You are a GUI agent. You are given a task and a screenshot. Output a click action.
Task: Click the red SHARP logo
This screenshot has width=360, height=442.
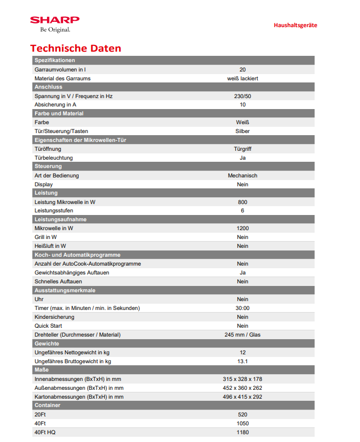[55, 20]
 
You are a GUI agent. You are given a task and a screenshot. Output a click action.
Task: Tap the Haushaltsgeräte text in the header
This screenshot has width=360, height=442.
[295, 25]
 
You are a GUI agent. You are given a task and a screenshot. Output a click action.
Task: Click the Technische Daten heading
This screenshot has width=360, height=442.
[76, 49]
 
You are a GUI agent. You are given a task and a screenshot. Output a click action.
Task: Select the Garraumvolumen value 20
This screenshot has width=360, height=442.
[243, 69]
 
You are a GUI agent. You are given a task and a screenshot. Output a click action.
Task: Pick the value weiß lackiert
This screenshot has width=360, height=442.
[243, 78]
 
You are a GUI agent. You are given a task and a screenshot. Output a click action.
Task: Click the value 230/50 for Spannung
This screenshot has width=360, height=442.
[243, 96]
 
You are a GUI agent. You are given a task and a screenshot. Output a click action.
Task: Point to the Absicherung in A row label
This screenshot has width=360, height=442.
[55, 105]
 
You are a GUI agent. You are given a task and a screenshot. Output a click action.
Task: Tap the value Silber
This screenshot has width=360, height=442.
[243, 132]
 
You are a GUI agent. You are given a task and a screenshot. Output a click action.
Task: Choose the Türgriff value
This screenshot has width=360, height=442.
[243, 149]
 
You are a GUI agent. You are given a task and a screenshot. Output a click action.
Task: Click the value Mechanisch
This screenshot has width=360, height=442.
[243, 176]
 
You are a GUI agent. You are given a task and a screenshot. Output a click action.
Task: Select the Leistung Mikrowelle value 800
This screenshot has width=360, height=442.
[243, 202]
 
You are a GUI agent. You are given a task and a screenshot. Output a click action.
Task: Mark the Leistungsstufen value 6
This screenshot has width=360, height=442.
[243, 211]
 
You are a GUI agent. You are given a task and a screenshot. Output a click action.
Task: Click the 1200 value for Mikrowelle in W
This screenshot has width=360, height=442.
[243, 229]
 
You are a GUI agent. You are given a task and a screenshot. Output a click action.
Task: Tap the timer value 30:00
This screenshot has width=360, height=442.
[243, 308]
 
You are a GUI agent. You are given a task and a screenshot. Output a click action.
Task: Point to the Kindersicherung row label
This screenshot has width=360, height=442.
[54, 317]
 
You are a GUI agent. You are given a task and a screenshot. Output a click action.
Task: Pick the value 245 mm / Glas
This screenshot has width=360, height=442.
[243, 335]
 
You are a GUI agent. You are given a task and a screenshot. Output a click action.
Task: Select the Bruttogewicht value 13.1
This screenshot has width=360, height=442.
[243, 362]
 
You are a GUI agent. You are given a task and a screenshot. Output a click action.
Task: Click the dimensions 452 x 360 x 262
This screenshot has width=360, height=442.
[243, 388]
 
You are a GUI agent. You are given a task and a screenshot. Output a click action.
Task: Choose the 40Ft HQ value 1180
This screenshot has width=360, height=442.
[243, 433]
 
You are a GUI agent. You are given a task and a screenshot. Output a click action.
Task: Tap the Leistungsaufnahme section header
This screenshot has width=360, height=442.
[61, 220]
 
